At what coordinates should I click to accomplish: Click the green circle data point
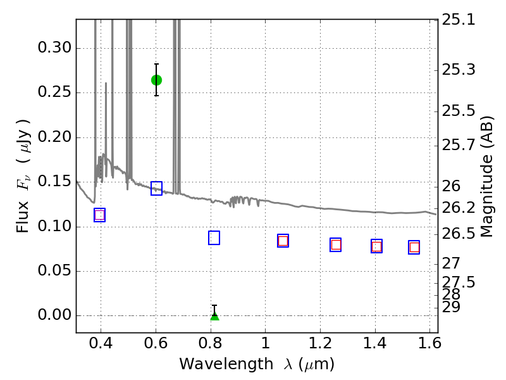point(156,80)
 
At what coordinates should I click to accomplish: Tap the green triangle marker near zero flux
point(214,315)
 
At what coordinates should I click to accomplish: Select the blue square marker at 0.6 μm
point(156,188)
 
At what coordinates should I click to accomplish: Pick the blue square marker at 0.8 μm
point(214,237)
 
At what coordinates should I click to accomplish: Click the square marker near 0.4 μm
point(99,215)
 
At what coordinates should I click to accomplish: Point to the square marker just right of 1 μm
point(283,241)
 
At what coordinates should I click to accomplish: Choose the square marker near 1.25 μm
point(336,244)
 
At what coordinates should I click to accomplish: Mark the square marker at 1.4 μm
point(376,246)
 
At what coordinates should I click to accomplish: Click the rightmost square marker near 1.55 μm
point(414,247)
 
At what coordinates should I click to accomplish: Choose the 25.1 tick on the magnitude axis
point(459,20)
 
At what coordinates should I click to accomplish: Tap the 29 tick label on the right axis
point(451,307)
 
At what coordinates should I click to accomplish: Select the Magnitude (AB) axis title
point(487,176)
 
